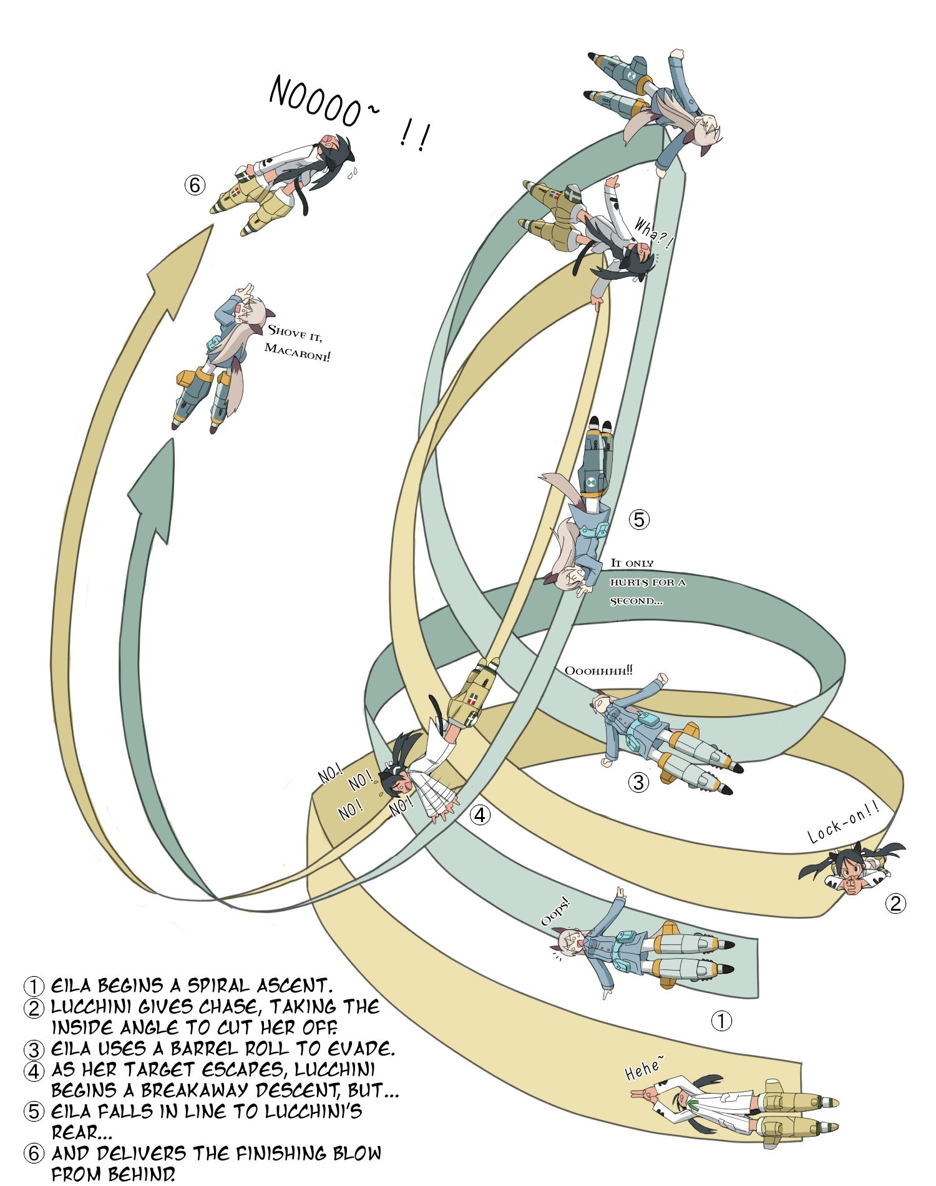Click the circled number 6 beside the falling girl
point(195,185)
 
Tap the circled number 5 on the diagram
point(638,519)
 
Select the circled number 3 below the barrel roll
point(638,782)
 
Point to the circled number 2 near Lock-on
point(895,903)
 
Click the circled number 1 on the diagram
point(721,1021)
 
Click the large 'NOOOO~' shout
point(317,102)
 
